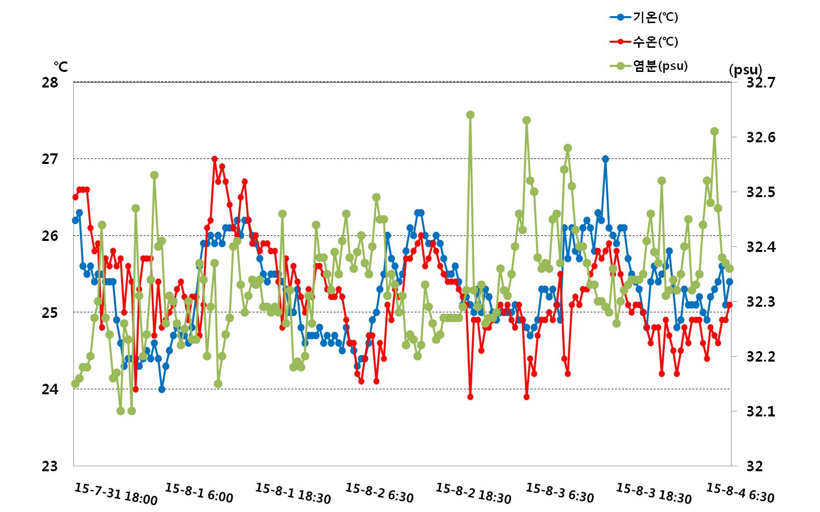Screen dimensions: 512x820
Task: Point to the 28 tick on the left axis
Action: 50,82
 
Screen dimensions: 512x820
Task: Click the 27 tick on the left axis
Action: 50,159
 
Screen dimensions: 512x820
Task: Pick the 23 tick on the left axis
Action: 50,466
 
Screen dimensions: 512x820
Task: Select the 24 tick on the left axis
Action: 50,389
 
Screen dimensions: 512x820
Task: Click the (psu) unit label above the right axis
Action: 745,70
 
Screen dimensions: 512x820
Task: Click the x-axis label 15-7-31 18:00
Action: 116,493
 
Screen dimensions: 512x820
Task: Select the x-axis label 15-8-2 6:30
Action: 379,493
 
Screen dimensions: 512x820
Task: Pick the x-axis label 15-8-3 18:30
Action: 654,493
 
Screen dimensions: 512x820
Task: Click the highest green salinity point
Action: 470,115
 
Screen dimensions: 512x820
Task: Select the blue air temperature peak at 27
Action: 605,159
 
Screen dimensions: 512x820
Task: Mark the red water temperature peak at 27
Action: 215,159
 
